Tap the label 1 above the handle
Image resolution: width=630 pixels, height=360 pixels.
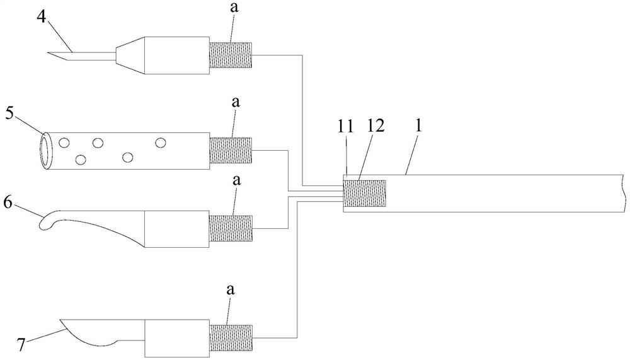(x=418, y=124)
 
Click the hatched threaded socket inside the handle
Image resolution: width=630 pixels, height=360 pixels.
(x=364, y=193)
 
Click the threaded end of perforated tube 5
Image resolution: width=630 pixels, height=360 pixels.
(x=230, y=150)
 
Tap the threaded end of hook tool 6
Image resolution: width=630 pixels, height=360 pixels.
(x=230, y=228)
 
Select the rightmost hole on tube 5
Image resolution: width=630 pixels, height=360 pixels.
(x=161, y=143)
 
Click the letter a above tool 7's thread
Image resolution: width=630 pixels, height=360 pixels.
(x=230, y=289)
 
